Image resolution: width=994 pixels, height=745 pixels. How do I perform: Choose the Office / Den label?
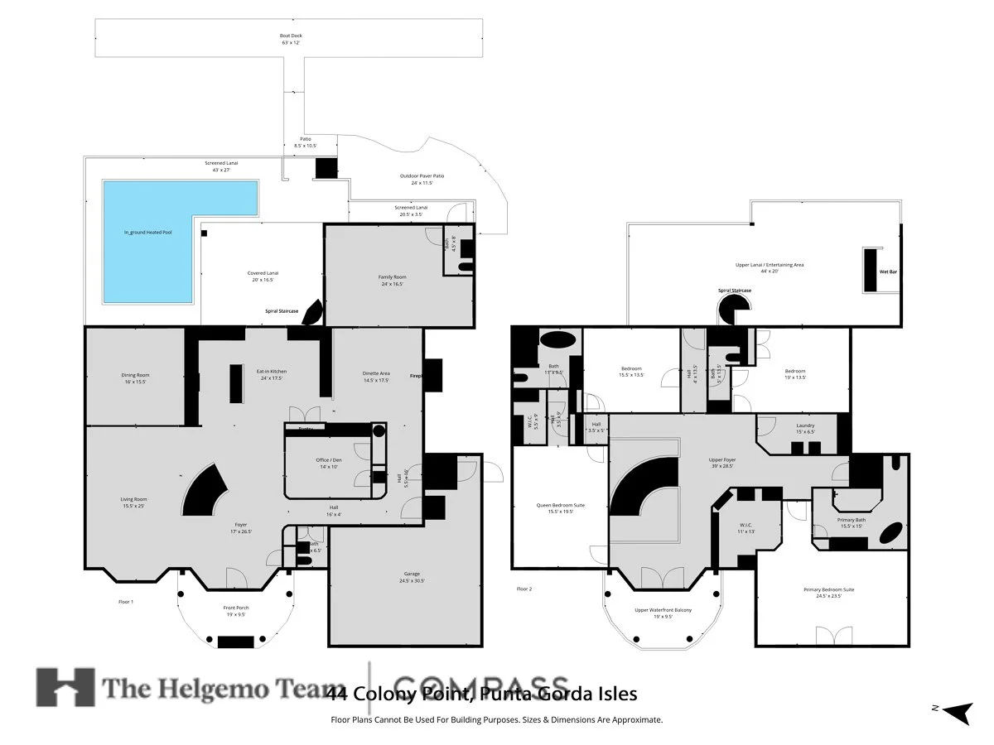(329, 463)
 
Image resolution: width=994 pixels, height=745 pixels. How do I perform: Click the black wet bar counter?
(871, 269)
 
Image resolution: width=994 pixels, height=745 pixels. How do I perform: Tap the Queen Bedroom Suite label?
(550, 507)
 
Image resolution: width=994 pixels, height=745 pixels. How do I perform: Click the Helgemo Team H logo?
(65, 687)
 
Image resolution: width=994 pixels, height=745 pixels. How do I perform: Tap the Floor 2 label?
(524, 589)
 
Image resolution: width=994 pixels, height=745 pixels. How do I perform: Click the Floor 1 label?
(126, 602)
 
